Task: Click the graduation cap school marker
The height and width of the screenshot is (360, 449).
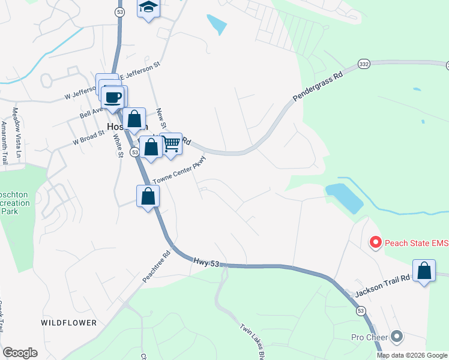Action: tap(148, 8)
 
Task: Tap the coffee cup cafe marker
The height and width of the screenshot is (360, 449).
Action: tap(113, 96)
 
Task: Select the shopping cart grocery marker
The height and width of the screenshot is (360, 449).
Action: tap(172, 143)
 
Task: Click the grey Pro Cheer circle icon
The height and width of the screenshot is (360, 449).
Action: tap(396, 337)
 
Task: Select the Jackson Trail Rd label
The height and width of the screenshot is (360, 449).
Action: tap(382, 287)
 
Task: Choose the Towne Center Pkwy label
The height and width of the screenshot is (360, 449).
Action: tap(179, 170)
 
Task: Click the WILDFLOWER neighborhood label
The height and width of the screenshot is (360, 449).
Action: tap(69, 323)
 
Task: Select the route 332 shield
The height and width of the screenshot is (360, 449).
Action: tap(363, 64)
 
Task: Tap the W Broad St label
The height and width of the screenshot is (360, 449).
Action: tap(89, 138)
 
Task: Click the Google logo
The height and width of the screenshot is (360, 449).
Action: tap(20, 353)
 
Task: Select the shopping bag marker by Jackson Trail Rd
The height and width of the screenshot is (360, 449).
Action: tap(424, 271)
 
